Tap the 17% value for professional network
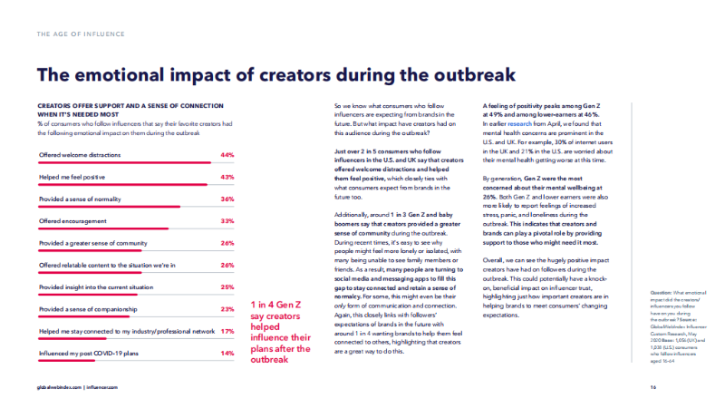227,331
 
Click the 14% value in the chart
227,353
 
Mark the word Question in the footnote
662,291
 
